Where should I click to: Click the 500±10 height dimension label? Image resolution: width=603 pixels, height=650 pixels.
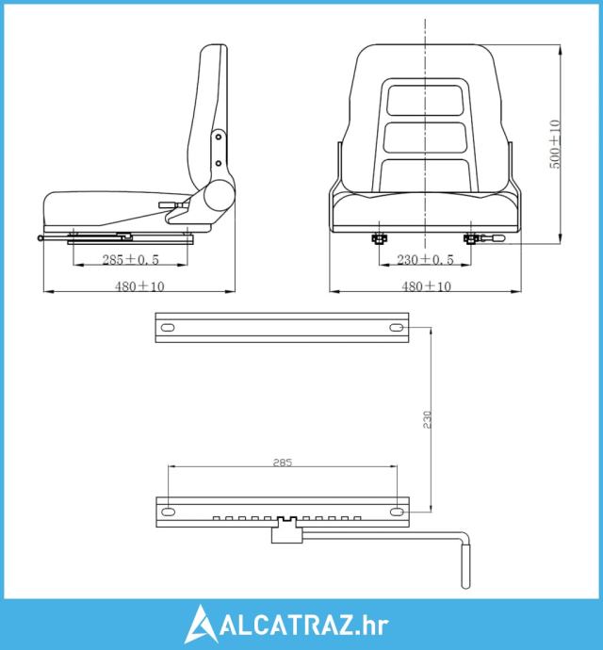pos(555,144)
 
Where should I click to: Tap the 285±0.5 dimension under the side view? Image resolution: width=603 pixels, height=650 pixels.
pos(131,259)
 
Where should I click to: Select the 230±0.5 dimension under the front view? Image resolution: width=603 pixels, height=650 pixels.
pos(426,259)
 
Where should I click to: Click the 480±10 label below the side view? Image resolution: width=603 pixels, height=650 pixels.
pos(139,286)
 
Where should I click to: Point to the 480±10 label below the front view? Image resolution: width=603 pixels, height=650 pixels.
pos(426,286)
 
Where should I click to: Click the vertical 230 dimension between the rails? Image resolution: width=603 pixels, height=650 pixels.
pos(428,419)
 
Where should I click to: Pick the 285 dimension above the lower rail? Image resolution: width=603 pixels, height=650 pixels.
pos(283,463)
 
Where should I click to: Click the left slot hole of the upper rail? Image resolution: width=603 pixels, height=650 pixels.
pos(168,328)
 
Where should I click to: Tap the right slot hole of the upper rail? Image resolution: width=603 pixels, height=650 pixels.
pos(397,328)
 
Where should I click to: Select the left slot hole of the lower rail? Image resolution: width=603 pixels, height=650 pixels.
pos(168,512)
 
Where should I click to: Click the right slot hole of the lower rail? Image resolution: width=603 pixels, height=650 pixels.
pos(397,512)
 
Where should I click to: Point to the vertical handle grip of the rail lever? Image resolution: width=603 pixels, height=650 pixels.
pos(466,566)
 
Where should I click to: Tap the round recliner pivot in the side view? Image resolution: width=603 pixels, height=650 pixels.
pos(220,196)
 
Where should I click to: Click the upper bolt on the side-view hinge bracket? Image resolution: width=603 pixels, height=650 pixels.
pos(219,137)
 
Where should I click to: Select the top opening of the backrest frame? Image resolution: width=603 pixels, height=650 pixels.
pos(425,100)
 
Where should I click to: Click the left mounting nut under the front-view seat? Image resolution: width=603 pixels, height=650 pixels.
pos(378,238)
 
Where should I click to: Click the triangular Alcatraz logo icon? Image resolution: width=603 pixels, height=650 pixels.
pos(201,624)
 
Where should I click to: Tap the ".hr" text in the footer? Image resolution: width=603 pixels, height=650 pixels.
pos(372,625)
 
